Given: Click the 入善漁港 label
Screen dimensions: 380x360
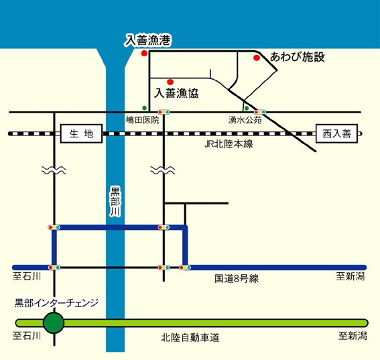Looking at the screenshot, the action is [x=148, y=40].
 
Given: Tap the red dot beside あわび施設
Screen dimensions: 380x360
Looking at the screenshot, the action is [x=257, y=58].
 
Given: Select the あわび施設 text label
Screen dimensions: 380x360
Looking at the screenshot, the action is [x=298, y=57].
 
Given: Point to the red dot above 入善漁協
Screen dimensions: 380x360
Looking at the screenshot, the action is [x=170, y=82].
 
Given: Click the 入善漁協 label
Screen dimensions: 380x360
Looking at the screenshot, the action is [x=176, y=93].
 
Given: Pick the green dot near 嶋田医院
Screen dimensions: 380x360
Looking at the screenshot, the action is [x=145, y=108].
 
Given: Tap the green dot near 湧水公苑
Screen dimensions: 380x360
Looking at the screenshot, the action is [x=247, y=108].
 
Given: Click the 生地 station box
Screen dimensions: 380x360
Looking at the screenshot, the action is [x=81, y=133].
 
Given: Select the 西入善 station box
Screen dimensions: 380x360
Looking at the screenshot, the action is [x=336, y=133].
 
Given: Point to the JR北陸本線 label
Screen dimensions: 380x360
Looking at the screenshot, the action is [x=229, y=145].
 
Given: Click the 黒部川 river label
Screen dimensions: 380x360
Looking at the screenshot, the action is [x=115, y=201].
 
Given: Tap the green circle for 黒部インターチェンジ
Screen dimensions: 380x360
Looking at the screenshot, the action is [x=54, y=323].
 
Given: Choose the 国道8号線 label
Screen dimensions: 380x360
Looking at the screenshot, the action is [x=237, y=278].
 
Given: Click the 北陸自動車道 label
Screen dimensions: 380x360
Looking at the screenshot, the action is [x=190, y=338].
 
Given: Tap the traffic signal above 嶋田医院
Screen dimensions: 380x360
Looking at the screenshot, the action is [x=164, y=112].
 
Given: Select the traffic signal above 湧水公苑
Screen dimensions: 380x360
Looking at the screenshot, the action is [x=259, y=112].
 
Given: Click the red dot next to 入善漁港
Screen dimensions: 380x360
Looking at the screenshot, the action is [x=144, y=53].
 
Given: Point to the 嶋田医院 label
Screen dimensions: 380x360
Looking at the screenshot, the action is [x=143, y=120].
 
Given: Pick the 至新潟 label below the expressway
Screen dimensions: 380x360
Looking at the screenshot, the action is [x=353, y=336].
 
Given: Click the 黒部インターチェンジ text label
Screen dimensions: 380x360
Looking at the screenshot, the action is [x=56, y=303].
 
